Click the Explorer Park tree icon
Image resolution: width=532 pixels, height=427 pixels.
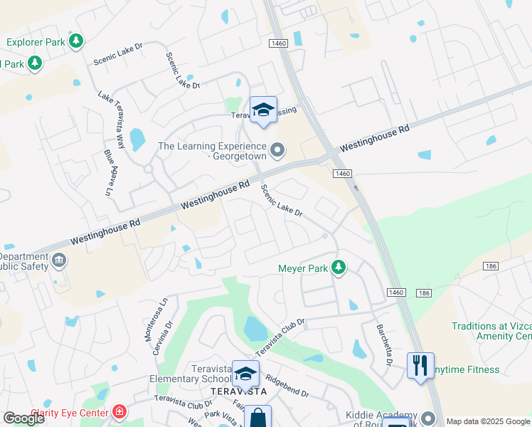(76, 41)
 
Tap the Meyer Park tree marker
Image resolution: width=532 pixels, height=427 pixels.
(340, 268)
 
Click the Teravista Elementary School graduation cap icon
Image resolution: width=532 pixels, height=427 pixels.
(245, 373)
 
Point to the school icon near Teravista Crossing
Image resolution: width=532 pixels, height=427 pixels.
(263, 110)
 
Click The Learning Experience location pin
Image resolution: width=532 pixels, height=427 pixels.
(278, 150)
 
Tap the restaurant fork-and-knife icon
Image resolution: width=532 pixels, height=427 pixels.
(420, 366)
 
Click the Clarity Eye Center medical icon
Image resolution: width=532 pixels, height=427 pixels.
(119, 412)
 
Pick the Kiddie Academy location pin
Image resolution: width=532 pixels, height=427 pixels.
(427, 418)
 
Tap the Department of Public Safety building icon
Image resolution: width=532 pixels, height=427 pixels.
(58, 260)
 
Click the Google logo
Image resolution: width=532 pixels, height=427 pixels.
(24, 418)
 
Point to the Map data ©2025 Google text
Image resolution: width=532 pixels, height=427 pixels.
(488, 421)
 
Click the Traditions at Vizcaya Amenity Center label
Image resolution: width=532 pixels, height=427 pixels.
(491, 331)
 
